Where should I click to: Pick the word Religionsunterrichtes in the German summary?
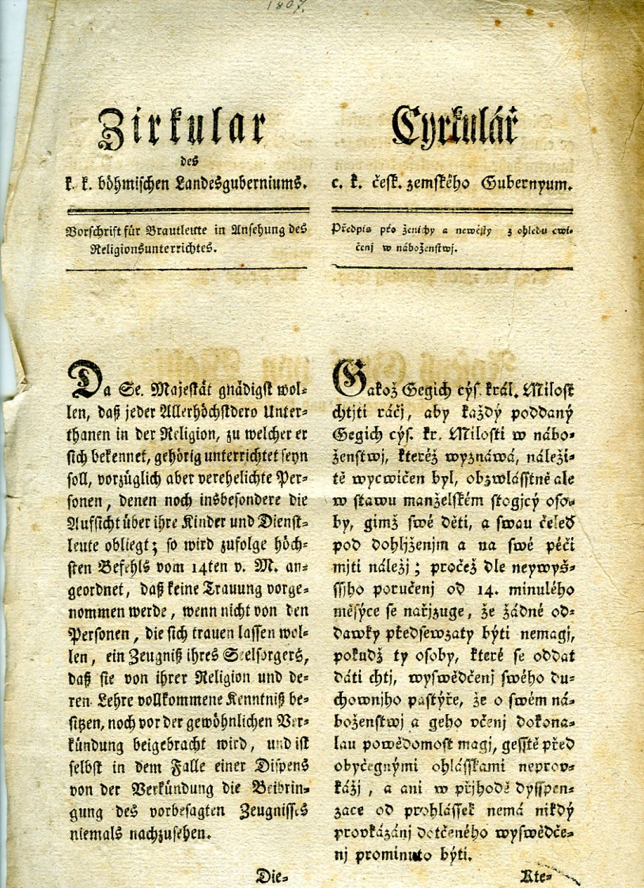pyautogui.click(x=155, y=249)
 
